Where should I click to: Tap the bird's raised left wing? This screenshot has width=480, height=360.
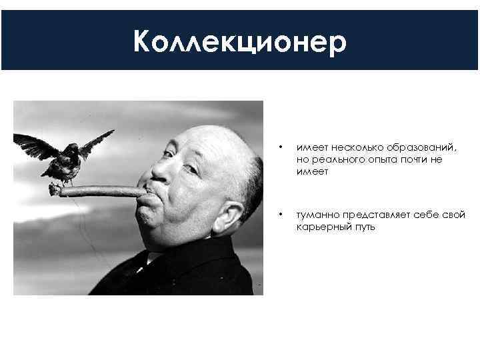pyautogui.click(x=29, y=143)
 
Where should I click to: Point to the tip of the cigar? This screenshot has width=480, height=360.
pyautogui.click(x=53, y=190)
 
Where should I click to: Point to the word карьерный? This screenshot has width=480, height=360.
pyautogui.click(x=324, y=227)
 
